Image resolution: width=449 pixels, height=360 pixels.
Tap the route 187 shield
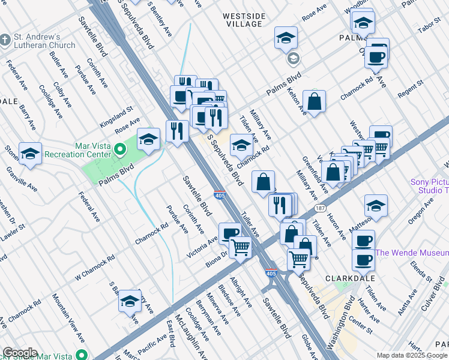319,208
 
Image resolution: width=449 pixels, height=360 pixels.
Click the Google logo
20,353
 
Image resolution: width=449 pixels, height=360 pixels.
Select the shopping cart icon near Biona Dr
240,247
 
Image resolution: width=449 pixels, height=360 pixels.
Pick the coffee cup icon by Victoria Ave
230,233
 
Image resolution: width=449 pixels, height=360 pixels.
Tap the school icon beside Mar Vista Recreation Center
148,140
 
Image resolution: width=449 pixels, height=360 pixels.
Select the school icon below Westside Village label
286,38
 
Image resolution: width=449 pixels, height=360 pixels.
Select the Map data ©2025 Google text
412,355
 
